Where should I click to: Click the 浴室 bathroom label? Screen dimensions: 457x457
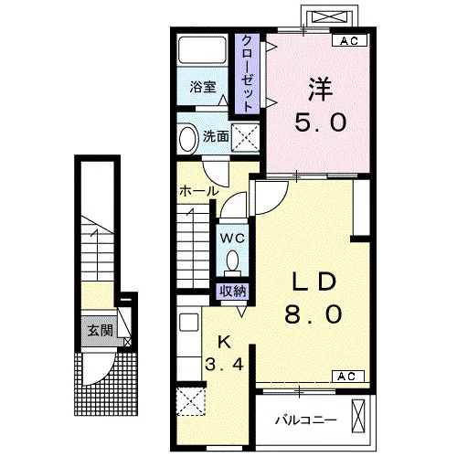pos(203,87)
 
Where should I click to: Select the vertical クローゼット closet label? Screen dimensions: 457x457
pos(248,74)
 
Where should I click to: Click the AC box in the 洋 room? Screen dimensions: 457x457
pos(349,40)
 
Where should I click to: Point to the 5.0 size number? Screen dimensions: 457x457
pos(321,122)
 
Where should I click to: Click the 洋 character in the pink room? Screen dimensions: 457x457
pos(320,90)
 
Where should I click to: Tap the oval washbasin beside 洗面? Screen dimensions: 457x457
pos(187,138)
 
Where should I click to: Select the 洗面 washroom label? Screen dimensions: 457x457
pos(216,136)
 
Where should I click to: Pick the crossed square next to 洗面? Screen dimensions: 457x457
pos(245,137)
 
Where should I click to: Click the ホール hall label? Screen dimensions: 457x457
pos(199,191)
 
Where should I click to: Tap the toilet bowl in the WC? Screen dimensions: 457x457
pos(233,260)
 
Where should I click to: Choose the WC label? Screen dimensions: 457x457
pos(232,238)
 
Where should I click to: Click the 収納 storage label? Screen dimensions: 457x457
pos(233,292)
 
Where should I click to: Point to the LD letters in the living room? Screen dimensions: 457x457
pos(314,282)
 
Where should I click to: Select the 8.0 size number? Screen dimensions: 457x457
pos(314,314)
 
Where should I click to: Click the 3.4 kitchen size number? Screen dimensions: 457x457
pos(225,364)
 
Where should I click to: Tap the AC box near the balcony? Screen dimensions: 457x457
pos(347,377)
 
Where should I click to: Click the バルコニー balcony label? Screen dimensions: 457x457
pos(306,420)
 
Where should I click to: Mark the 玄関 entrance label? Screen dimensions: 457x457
pos(101,331)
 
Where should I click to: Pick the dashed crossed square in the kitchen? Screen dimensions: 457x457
pos(191,401)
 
